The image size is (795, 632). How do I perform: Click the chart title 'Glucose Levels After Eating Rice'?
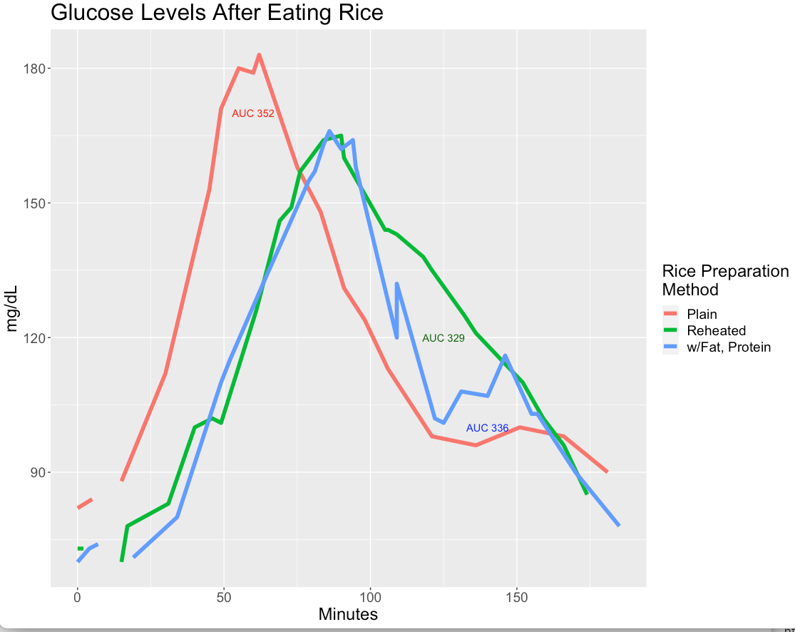[x=217, y=13]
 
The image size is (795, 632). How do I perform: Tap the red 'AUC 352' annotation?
[x=253, y=113]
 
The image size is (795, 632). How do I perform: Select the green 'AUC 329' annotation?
[x=443, y=338]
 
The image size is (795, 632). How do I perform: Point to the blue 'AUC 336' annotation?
[x=487, y=428]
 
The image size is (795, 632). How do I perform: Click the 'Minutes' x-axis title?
[x=348, y=614]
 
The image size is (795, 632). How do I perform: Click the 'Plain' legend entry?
[x=702, y=314]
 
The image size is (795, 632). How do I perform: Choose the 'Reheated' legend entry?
[x=716, y=331]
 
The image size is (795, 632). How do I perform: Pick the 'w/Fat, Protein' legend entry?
[x=729, y=347]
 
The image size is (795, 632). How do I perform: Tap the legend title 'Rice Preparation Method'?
[x=725, y=280]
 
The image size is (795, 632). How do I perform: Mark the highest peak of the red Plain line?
[x=259, y=55]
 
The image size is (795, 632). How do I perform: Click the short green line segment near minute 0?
[x=81, y=548]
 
